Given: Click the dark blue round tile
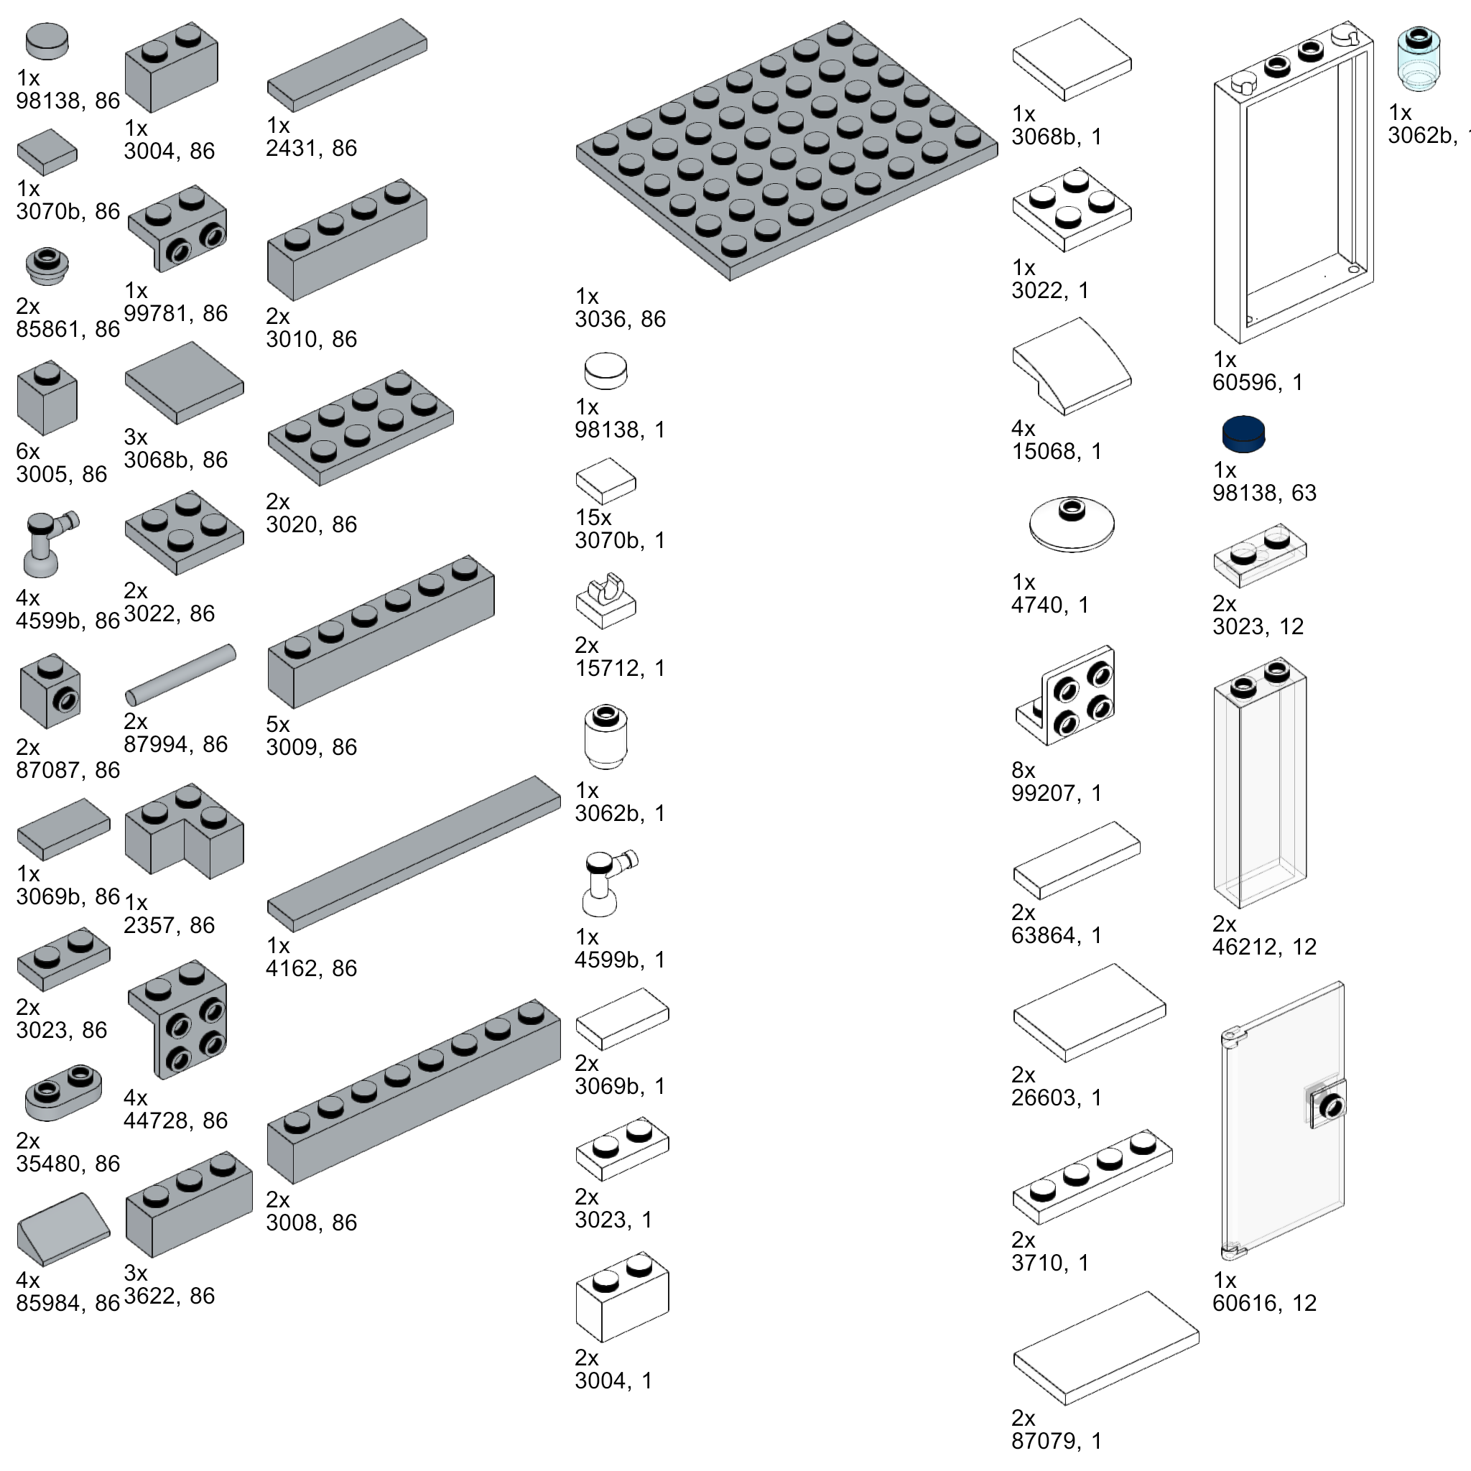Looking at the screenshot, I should click(x=1243, y=434).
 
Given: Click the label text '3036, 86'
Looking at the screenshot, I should click(x=620, y=319).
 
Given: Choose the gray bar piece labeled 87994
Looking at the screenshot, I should click(x=181, y=674).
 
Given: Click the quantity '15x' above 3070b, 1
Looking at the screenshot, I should click(x=593, y=518).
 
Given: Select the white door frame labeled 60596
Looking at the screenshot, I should click(x=1294, y=182).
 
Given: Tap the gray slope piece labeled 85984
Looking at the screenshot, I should click(x=63, y=1231).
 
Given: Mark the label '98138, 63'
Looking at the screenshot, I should click(x=1264, y=493).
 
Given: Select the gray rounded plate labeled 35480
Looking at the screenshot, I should click(x=63, y=1092).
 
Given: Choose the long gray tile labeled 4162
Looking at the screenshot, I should click(x=414, y=853).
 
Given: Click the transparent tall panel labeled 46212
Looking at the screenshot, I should click(x=1259, y=784).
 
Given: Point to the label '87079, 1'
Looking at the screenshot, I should click(x=1056, y=1441).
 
